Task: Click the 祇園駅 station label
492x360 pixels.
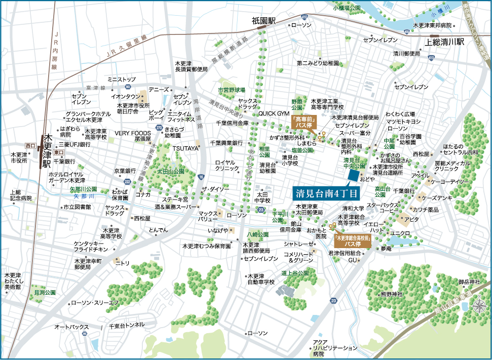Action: [x=264, y=21]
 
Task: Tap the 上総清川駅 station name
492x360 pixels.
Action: [x=444, y=43]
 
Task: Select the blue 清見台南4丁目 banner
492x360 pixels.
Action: [x=327, y=193]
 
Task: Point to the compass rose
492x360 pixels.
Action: [x=479, y=306]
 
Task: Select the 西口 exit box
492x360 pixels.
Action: [x=31, y=146]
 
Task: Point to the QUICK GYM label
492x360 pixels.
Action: [x=273, y=114]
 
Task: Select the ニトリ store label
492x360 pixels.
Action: [x=122, y=263]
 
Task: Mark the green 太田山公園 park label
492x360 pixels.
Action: [x=170, y=172]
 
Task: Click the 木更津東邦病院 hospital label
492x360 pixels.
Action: [x=432, y=25]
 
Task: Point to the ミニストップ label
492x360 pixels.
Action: [x=121, y=79]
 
